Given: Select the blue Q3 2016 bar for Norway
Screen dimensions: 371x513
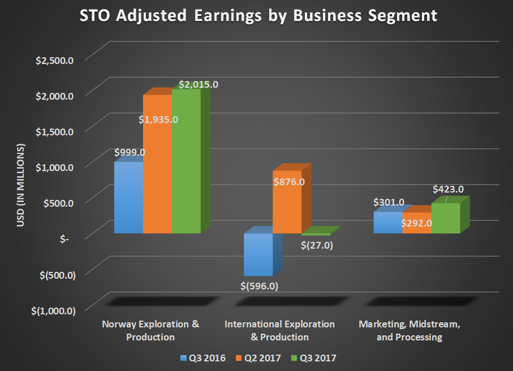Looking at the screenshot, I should pos(128,198).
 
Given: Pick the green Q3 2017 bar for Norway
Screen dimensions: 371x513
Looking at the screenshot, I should pos(186,164).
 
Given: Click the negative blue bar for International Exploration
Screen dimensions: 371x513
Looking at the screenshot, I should pos(258,255).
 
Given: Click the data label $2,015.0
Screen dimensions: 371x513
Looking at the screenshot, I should pos(199,84).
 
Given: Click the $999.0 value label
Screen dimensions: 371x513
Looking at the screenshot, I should pos(130,152).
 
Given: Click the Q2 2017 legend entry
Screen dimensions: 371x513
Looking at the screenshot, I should pos(258,358).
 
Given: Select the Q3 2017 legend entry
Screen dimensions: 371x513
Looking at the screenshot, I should pos(314,358).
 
